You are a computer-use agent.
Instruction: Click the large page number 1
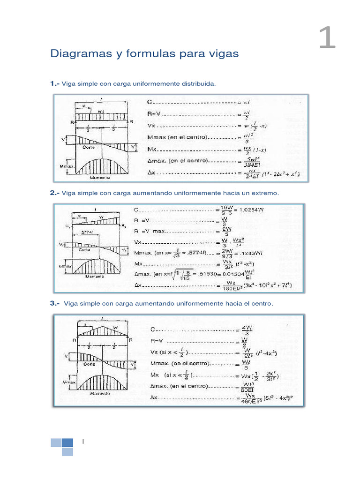(327, 38)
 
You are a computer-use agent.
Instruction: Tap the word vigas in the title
(225, 54)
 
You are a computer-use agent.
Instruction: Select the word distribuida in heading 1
(198, 83)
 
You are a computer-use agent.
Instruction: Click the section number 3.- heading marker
(55, 303)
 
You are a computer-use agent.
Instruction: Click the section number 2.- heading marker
(55, 193)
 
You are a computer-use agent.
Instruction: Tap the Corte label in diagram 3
(90, 363)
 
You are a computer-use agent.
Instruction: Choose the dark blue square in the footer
(67, 442)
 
